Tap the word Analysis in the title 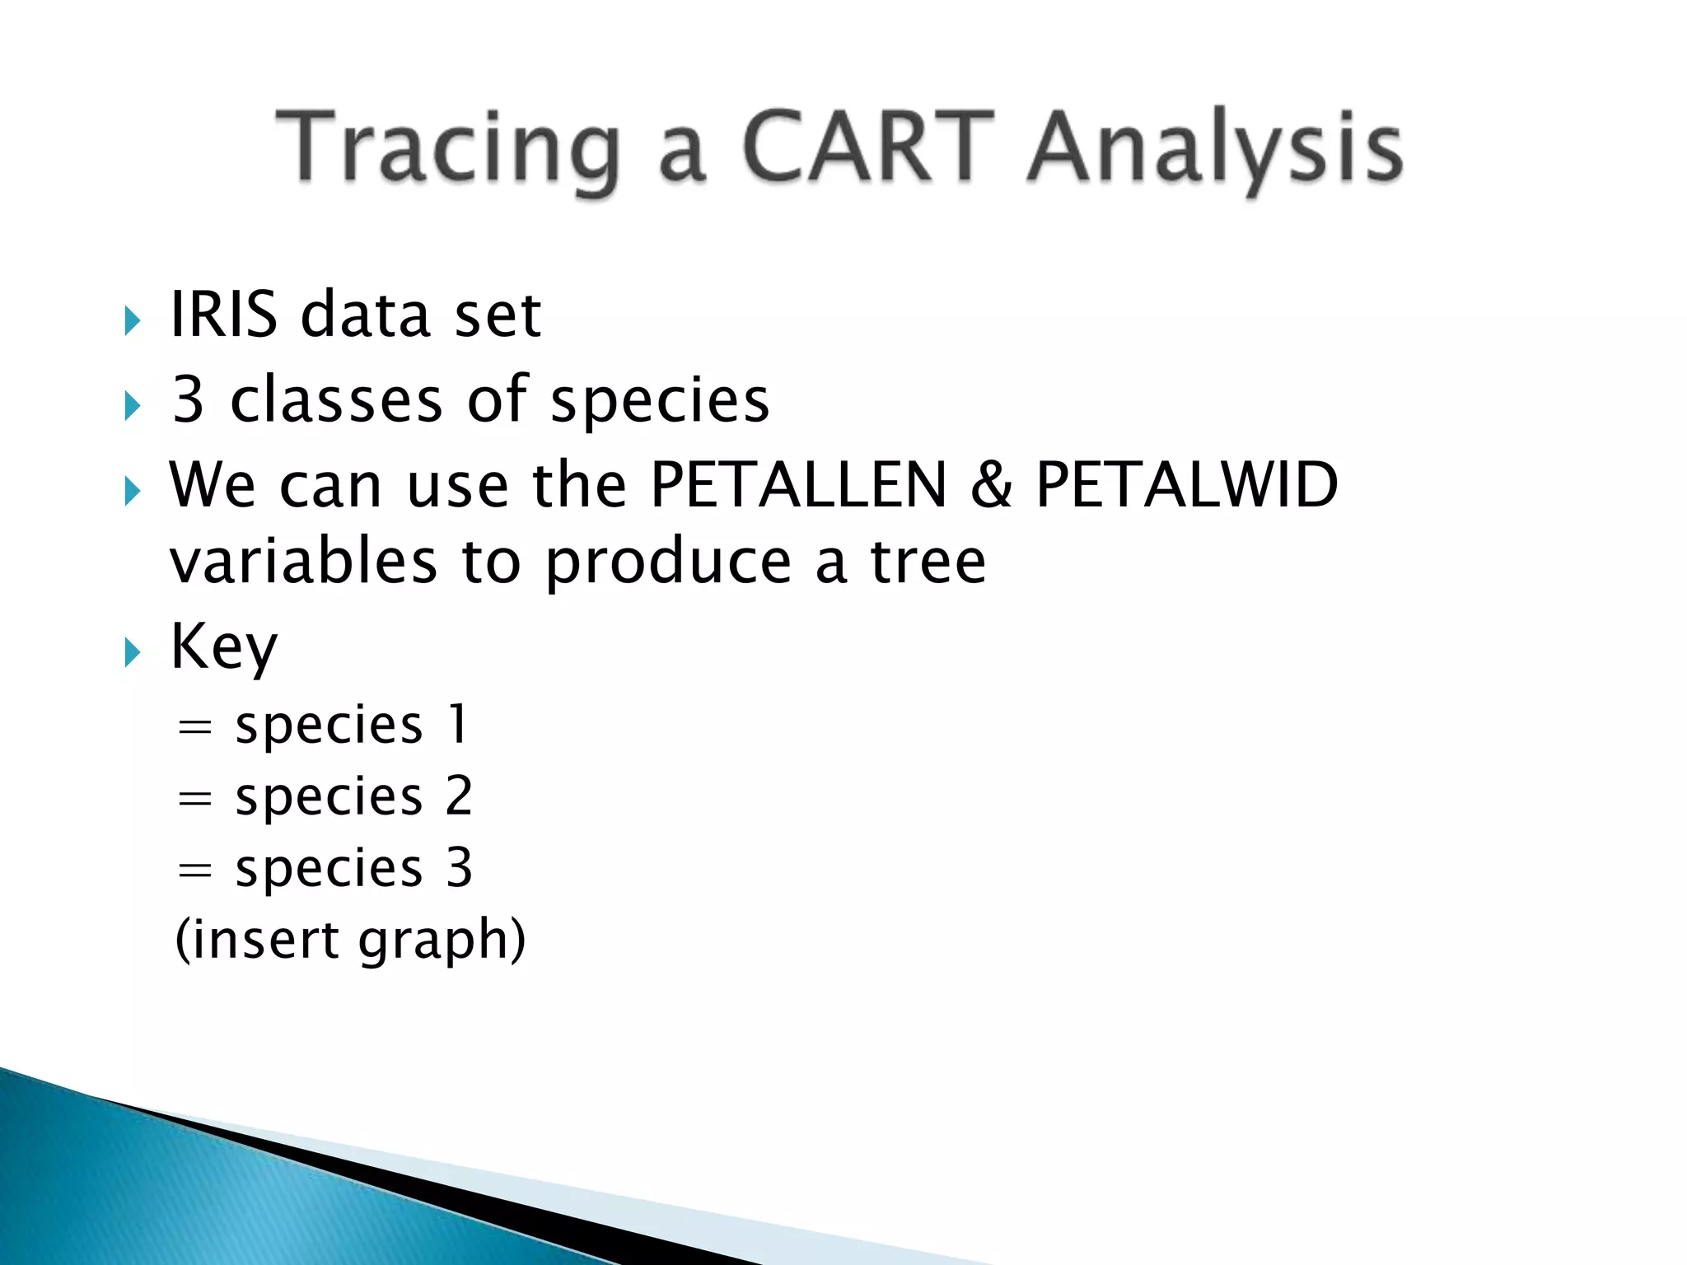tap(1215, 148)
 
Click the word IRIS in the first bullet tap(223, 315)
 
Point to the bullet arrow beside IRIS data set tap(132, 320)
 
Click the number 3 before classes tap(188, 400)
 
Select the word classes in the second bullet tap(336, 400)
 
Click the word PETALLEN tap(798, 485)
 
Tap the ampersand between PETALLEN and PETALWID tap(990, 485)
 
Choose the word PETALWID tap(1186, 485)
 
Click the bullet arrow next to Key tap(132, 653)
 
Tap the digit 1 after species tap(458, 726)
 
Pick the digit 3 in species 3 tap(459, 868)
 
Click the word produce tap(668, 565)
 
